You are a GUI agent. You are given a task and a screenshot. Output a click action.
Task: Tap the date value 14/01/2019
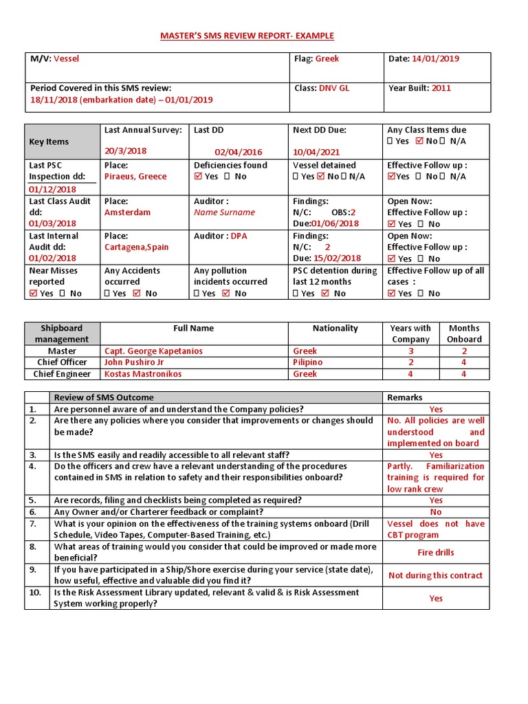point(434,59)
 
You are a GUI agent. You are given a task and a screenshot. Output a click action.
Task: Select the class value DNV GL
point(334,88)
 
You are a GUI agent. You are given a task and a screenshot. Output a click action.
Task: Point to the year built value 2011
point(441,88)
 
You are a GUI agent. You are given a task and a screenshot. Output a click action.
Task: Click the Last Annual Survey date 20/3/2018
point(125,151)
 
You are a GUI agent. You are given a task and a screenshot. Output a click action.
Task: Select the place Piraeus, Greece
point(135,177)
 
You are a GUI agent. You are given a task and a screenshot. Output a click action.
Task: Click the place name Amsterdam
point(127,212)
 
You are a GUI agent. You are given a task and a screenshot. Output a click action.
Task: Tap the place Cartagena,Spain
point(136,247)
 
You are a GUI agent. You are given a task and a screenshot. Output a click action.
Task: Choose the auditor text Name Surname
point(224,212)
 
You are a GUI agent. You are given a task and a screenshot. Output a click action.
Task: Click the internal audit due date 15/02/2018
point(337,258)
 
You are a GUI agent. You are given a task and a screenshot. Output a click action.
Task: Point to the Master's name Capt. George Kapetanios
point(153,351)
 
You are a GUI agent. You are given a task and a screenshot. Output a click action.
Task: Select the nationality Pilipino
point(307,362)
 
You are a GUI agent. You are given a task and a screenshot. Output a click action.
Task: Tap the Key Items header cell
point(49,142)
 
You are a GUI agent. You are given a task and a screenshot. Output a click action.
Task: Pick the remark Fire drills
point(436,553)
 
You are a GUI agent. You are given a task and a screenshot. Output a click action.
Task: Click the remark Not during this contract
point(436,575)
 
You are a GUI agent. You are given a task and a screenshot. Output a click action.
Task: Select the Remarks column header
point(405,397)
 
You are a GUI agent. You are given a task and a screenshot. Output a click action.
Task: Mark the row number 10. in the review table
point(34,593)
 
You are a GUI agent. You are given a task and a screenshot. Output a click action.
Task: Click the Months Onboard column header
point(465,333)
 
